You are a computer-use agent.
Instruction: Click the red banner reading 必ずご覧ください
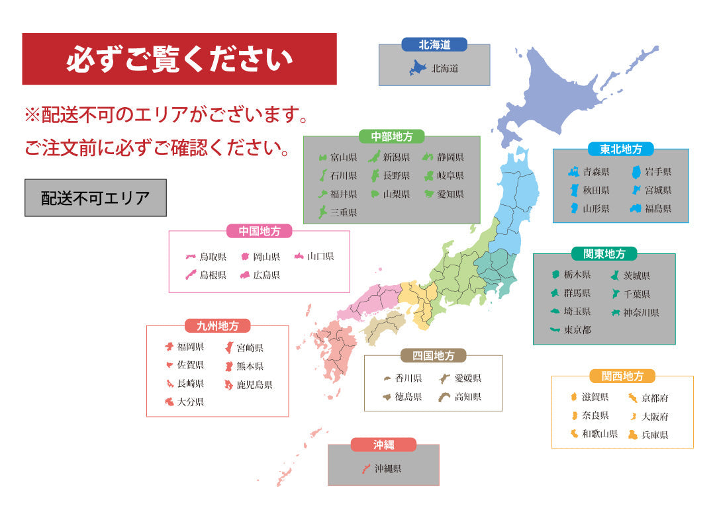pyautogui.click(x=179, y=60)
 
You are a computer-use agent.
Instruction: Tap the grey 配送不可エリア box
pyautogui.click(x=95, y=198)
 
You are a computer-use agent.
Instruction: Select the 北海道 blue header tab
pyautogui.click(x=434, y=45)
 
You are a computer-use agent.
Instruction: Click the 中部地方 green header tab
pyautogui.click(x=391, y=136)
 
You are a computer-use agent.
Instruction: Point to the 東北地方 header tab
pyautogui.click(x=620, y=149)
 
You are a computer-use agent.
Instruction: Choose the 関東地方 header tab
pyautogui.click(x=604, y=253)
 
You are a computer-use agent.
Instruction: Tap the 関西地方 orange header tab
pyautogui.click(x=622, y=376)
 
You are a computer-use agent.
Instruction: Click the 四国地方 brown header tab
pyautogui.click(x=433, y=355)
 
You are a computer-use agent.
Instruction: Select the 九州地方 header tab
pyautogui.click(x=217, y=325)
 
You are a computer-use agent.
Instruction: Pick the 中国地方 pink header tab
pyautogui.click(x=259, y=231)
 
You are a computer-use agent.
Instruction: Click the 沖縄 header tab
pyautogui.click(x=383, y=445)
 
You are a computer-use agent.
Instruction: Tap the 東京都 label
pyautogui.click(x=577, y=329)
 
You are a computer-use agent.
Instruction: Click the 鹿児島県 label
pyautogui.click(x=254, y=384)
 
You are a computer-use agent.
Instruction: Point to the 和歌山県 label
pyautogui.click(x=599, y=435)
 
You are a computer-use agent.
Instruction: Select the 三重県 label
pyautogui.click(x=344, y=212)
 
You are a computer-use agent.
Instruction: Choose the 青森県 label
pyautogui.click(x=596, y=171)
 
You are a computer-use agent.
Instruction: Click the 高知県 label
pyautogui.click(x=467, y=397)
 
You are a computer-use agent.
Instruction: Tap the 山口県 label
pyautogui.click(x=320, y=256)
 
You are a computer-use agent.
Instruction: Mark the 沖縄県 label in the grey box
pyautogui.click(x=388, y=468)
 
